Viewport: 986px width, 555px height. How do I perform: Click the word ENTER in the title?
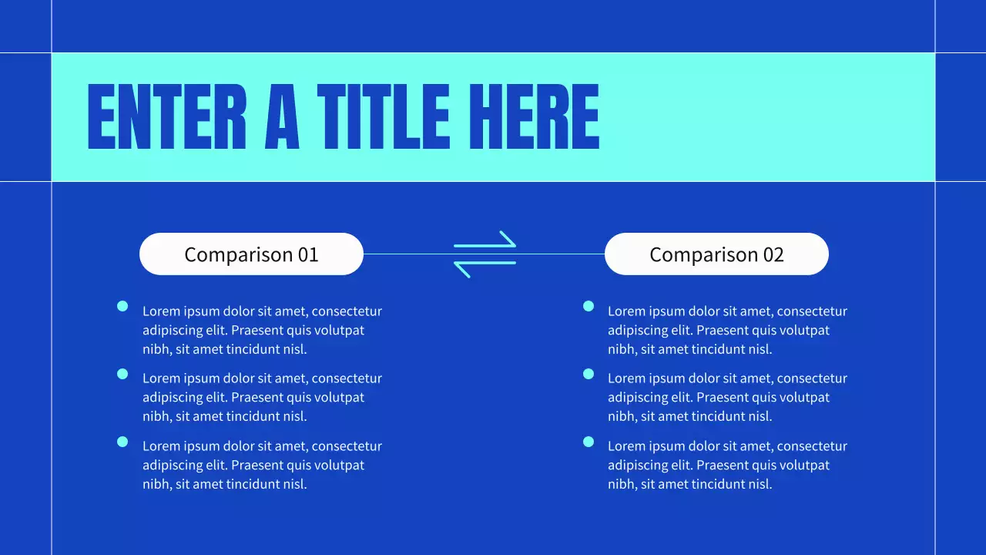166,117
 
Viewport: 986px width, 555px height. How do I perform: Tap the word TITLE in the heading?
383,117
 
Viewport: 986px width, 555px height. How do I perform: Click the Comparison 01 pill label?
251,254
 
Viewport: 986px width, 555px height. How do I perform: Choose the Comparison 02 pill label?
716,254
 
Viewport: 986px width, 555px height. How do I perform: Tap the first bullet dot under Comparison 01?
122,307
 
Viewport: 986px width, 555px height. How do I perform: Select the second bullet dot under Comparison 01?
122,374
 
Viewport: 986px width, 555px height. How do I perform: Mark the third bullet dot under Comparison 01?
122,442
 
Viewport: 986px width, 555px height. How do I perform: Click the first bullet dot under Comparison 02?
589,307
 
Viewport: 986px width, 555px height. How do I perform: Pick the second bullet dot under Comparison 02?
589,374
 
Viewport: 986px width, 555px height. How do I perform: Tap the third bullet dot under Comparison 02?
589,442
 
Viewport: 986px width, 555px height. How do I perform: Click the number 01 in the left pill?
308,254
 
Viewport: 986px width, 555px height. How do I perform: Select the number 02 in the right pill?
773,254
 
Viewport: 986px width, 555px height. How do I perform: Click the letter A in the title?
282,117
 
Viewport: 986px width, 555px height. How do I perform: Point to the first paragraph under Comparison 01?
262,330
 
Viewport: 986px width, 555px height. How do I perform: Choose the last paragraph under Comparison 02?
727,465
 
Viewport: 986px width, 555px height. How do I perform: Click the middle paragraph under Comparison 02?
727,397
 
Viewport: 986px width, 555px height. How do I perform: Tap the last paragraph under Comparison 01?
262,465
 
